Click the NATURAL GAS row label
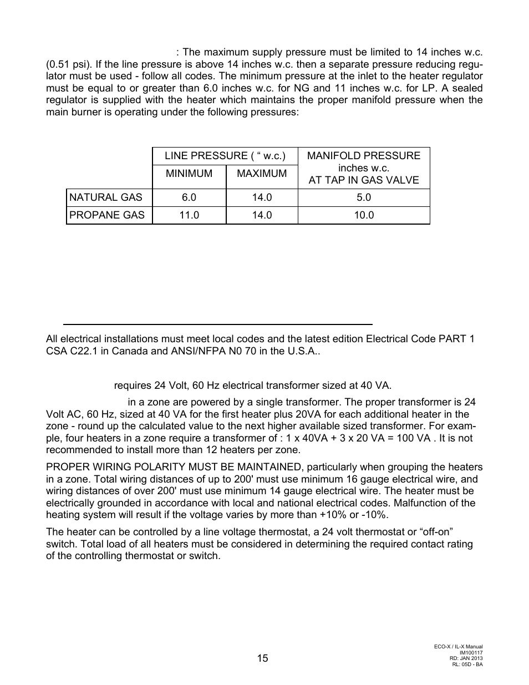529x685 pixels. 105,197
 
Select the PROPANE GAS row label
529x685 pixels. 106,215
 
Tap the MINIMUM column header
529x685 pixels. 189,174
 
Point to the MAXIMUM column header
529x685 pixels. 262,174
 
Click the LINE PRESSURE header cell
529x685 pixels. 225,156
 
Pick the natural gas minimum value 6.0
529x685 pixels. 189,197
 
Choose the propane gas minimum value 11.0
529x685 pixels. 189,215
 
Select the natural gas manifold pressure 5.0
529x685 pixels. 364,197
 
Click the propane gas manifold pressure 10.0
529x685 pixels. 364,215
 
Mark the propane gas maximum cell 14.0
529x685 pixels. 262,215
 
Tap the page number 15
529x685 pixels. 262,658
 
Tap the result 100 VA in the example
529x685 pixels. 412,438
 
